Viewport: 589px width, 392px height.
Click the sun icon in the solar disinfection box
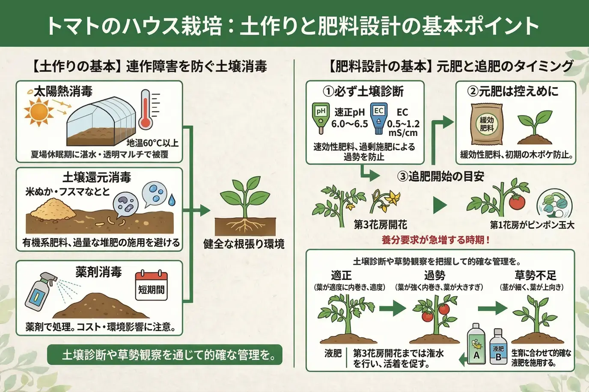pyautogui.click(x=39, y=112)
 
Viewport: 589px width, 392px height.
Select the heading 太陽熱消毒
pyautogui.click(x=63, y=91)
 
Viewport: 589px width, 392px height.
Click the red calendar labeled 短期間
pyautogui.click(x=151, y=286)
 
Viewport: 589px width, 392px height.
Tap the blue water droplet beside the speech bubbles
pyautogui.click(x=172, y=200)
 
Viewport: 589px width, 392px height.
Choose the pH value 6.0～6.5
pyautogui.click(x=349, y=124)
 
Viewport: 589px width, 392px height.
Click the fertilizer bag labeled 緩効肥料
pyautogui.click(x=487, y=124)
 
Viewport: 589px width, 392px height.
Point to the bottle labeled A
pyautogui.click(x=476, y=344)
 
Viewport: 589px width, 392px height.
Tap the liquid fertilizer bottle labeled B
pyautogui.click(x=498, y=346)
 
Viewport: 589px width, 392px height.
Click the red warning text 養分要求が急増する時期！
pyautogui.click(x=436, y=240)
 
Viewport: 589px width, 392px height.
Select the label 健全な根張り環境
pyautogui.click(x=244, y=244)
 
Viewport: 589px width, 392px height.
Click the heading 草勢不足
pyautogui.click(x=535, y=275)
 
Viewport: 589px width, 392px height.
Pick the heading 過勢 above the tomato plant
pyautogui.click(x=434, y=275)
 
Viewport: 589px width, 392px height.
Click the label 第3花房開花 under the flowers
pyautogui.click(x=380, y=225)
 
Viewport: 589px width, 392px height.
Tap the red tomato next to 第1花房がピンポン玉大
pyautogui.click(x=517, y=202)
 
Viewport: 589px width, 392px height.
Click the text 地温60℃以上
pyautogui.click(x=152, y=143)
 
